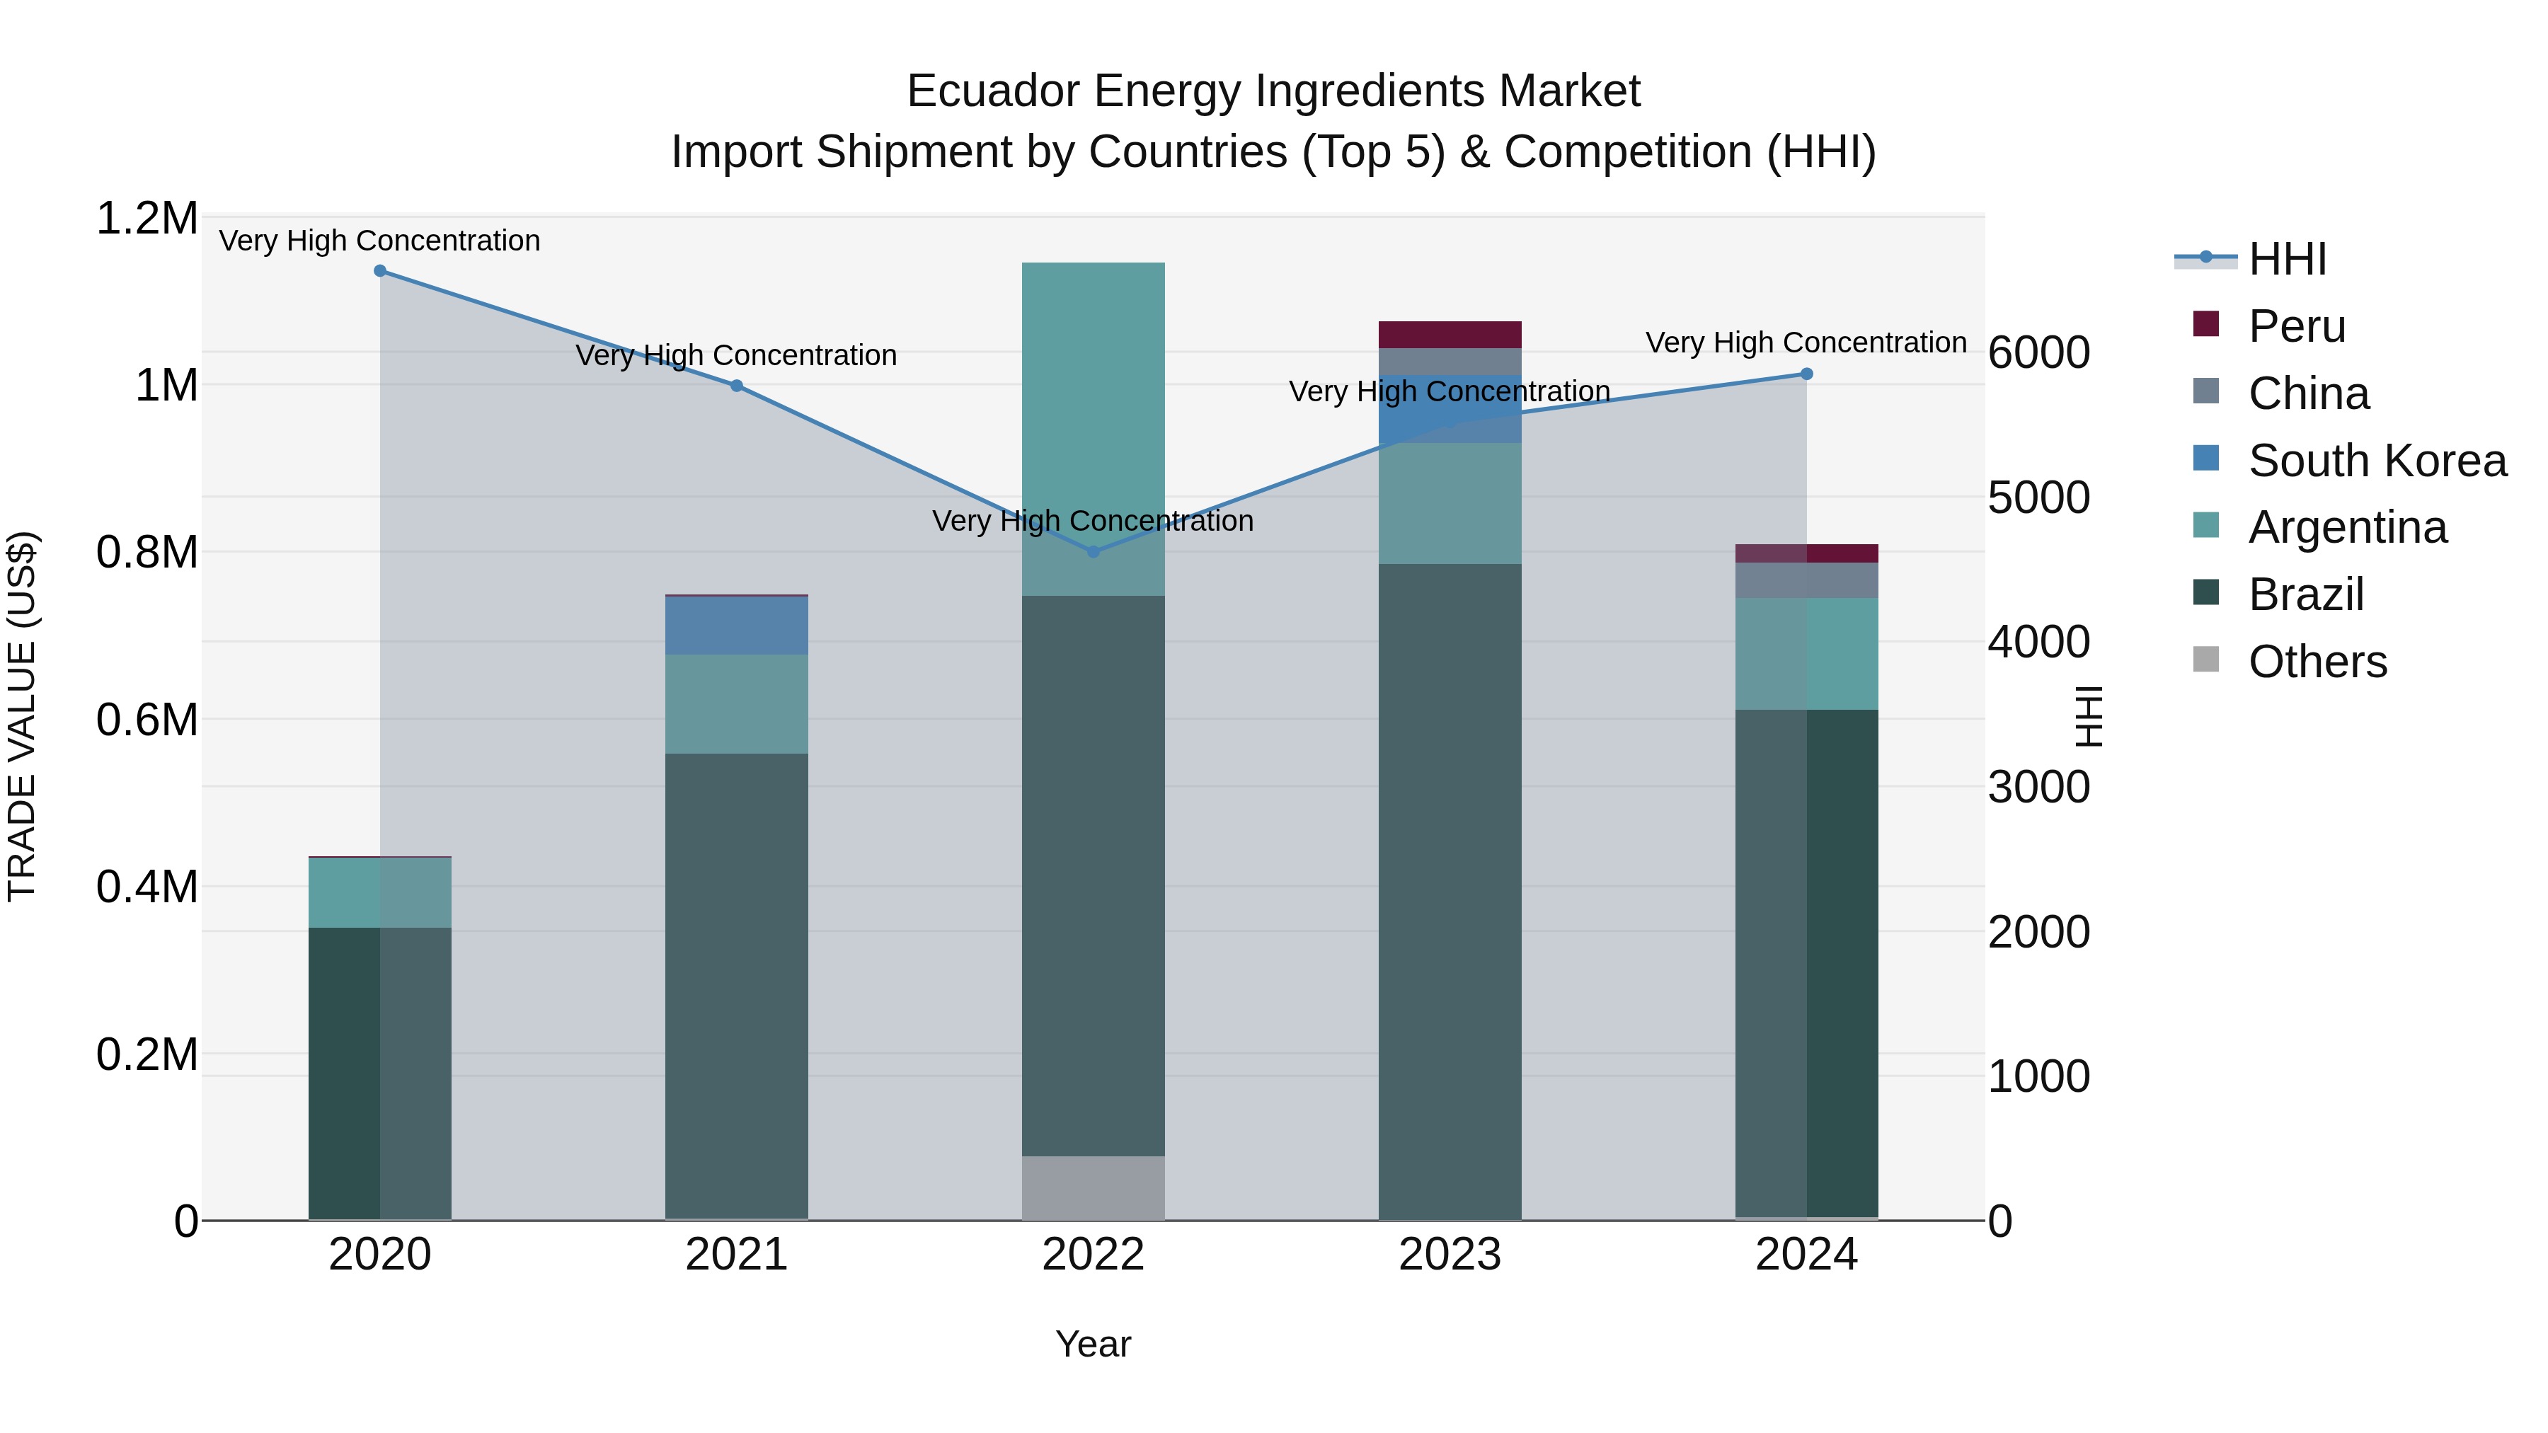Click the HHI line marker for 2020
[x=380, y=271]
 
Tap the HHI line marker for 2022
[x=1093, y=552]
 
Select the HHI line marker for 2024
[x=1806, y=374]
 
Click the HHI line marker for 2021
[x=737, y=386]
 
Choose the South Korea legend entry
[x=2376, y=461]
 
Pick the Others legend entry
[x=2317, y=662]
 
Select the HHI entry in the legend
[x=2286, y=259]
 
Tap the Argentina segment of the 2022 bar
[x=1093, y=428]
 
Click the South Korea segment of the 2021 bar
[x=737, y=625]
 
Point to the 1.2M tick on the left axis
[x=147, y=219]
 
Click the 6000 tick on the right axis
[x=2038, y=353]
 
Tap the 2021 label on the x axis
[x=737, y=1255]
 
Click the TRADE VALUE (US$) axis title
[x=22, y=716]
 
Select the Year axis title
[x=1093, y=1344]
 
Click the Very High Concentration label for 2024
[x=1806, y=343]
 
